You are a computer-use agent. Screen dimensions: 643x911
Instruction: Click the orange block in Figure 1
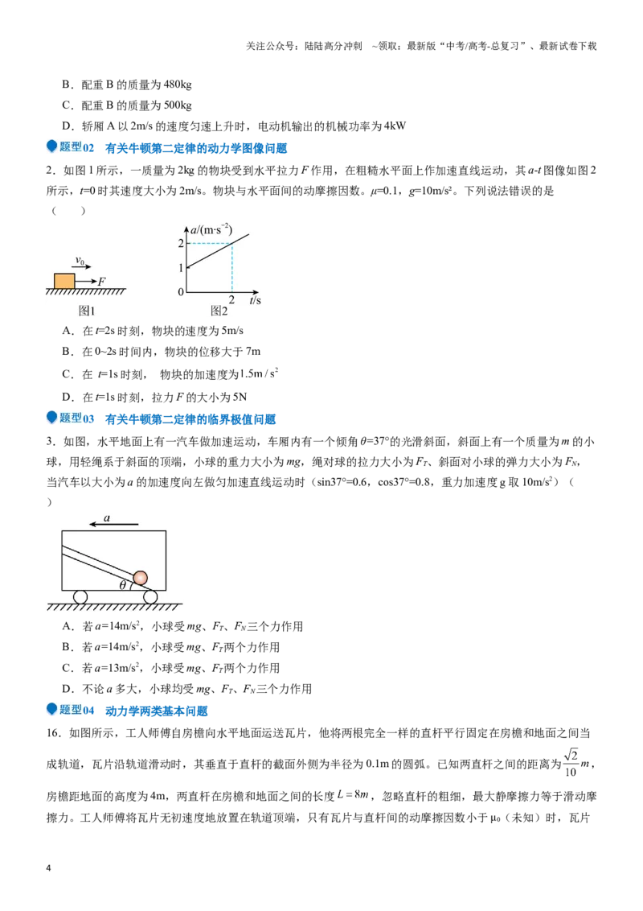coord(64,281)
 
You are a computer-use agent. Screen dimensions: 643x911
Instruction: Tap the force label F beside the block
coord(102,281)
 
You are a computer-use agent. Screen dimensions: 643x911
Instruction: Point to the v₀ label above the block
coord(80,262)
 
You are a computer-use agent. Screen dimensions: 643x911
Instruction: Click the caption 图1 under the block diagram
coord(87,311)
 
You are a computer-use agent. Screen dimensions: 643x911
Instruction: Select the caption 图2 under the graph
coord(219,311)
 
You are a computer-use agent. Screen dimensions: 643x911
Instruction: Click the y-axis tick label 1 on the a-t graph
coord(181,268)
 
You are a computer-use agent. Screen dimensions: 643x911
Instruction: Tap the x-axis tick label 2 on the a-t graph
coord(232,300)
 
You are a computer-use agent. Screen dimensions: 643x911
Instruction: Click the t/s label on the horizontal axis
coord(256,300)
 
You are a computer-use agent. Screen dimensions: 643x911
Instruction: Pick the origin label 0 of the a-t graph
coord(181,292)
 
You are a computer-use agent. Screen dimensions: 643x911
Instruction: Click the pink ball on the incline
coord(140,578)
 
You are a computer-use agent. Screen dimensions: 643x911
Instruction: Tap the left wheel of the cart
coord(80,596)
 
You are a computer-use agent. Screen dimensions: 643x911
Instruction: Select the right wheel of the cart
coord(149,596)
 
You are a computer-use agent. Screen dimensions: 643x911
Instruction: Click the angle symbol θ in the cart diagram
coord(122,585)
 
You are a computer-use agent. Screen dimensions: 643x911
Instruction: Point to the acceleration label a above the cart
coord(107,517)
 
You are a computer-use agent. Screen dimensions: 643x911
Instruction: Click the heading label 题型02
coord(76,147)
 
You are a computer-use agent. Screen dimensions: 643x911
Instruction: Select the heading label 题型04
coord(76,710)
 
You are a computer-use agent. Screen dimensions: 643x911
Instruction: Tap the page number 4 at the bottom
coord(48,868)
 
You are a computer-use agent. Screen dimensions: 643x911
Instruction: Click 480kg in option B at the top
coord(178,85)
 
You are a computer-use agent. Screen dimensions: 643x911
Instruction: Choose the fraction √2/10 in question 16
coord(571,763)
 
